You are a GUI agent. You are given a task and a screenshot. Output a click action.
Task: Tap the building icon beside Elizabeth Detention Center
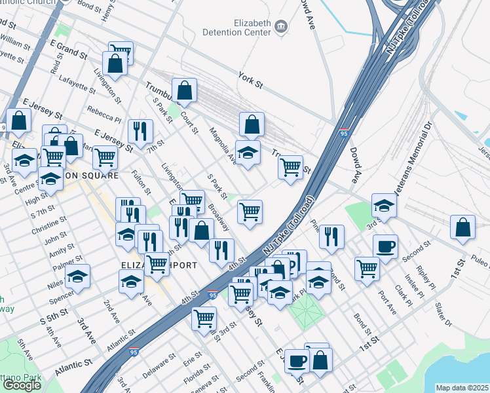282,26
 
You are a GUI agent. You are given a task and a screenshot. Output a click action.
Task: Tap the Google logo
22,385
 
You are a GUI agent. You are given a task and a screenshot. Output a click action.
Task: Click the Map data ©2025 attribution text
462,388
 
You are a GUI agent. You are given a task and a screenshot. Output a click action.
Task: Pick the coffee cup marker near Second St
385,246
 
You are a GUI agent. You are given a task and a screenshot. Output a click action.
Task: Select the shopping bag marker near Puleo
463,227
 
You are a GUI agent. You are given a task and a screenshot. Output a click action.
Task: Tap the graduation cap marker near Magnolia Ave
247,153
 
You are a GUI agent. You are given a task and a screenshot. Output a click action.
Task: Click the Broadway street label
219,219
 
